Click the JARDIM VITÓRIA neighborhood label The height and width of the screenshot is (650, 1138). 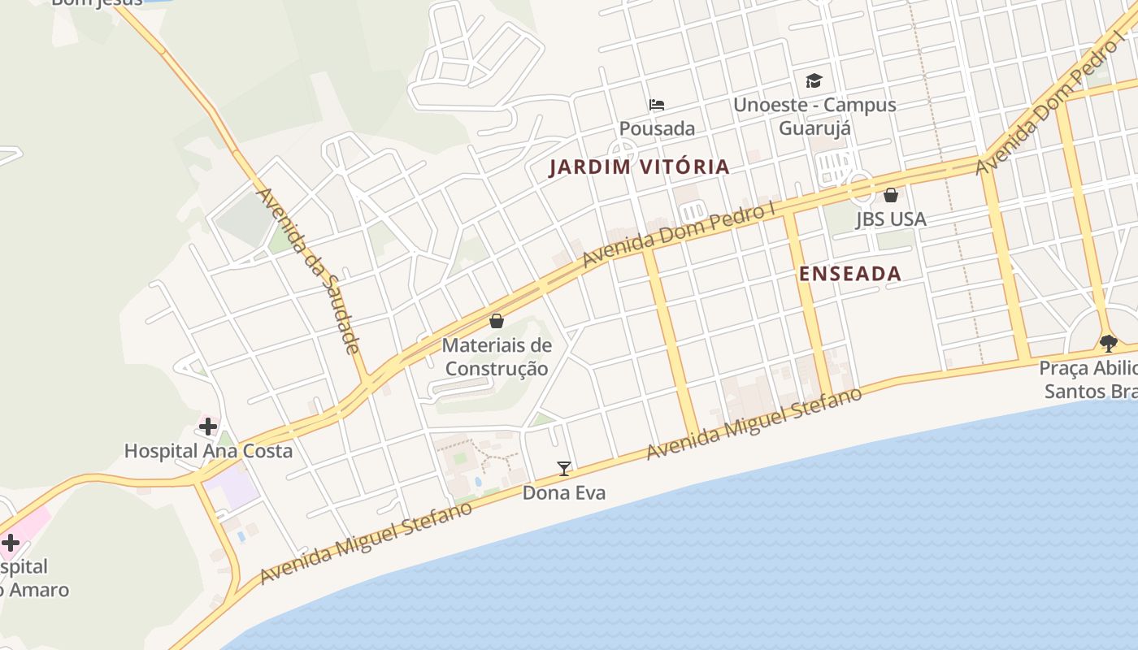[639, 167]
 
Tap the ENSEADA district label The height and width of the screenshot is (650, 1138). [850, 274]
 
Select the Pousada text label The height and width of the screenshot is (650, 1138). [657, 128]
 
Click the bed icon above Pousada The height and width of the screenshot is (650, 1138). [657, 105]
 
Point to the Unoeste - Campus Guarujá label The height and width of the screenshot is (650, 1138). [814, 116]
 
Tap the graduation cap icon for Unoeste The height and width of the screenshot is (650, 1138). [814, 80]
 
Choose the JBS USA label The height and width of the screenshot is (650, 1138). [891, 219]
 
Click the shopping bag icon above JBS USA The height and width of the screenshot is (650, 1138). [891, 195]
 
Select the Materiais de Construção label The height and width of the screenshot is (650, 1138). [497, 357]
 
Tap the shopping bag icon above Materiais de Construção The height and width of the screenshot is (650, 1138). [497, 321]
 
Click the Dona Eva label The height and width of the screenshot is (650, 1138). [563, 492]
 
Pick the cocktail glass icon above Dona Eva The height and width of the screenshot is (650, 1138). [563, 469]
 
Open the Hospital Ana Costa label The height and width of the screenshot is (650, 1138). [208, 450]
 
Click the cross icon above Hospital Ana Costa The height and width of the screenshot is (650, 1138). [208, 426]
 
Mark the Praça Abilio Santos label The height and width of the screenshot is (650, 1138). [1089, 379]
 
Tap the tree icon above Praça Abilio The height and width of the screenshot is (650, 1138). [1108, 343]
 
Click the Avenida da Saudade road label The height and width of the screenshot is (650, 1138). [308, 271]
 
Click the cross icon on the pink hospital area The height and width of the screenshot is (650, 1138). [11, 543]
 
